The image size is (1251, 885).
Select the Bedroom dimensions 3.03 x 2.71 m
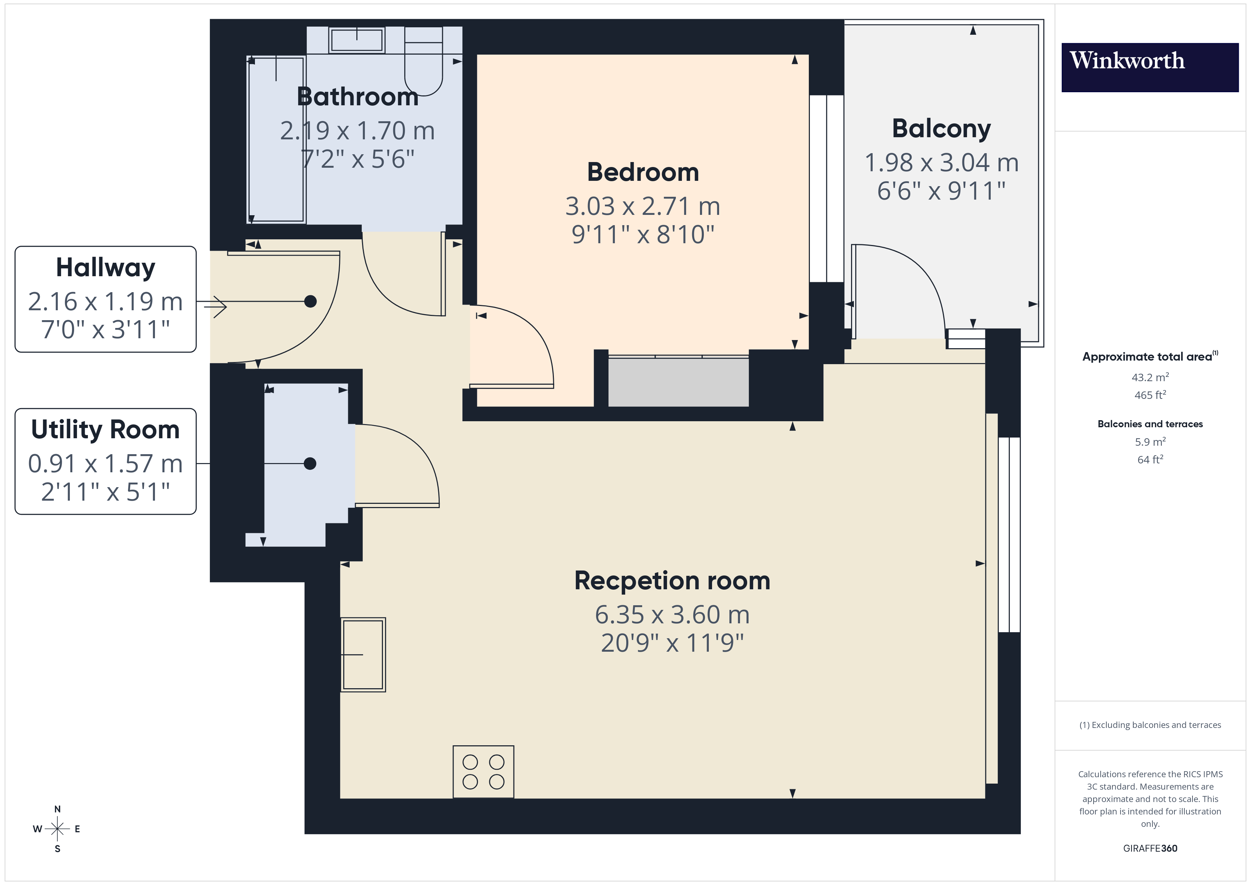(x=643, y=206)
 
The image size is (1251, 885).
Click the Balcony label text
(x=941, y=129)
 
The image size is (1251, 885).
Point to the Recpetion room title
(x=672, y=580)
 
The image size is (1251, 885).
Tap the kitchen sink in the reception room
(x=363, y=655)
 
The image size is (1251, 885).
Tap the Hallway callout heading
(x=105, y=268)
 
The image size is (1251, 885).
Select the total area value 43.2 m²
(x=1150, y=377)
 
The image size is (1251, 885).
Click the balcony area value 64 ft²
(x=1150, y=460)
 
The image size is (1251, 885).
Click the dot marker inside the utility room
(x=310, y=464)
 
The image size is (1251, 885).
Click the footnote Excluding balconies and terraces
(x=1150, y=725)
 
